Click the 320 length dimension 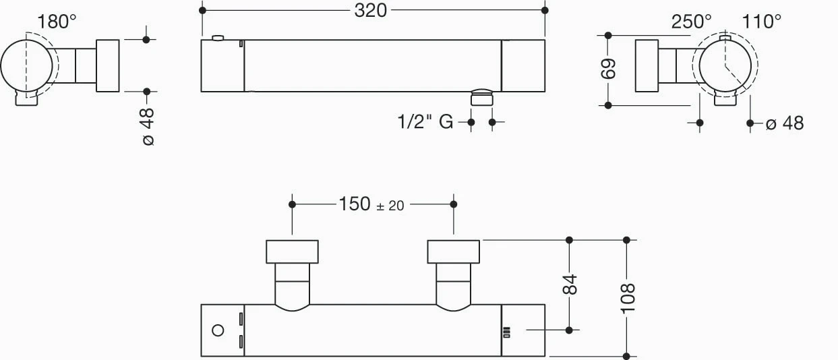(370, 11)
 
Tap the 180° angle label (57, 22)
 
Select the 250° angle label (691, 22)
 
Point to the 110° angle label (761, 22)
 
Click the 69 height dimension (608, 69)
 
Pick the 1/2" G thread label (425, 122)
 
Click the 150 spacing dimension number (355, 204)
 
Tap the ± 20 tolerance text (390, 206)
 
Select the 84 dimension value (570, 284)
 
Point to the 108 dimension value (628, 298)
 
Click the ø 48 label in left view (148, 127)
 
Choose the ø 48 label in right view (785, 123)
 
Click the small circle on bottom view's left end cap (218, 330)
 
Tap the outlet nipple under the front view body (481, 97)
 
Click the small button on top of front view (218, 38)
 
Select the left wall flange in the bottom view (292, 251)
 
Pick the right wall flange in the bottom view (454, 251)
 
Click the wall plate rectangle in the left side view (108, 65)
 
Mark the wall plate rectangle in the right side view (647, 65)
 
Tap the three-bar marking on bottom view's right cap (507, 332)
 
